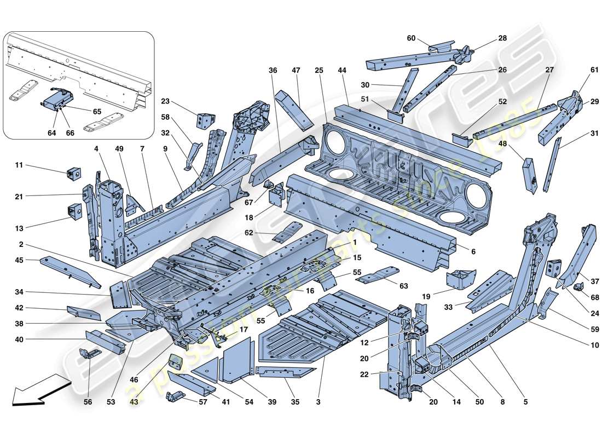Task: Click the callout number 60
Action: pos(411,38)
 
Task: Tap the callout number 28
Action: pos(502,38)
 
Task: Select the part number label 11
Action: pos(18,165)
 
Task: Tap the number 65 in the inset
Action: pos(96,111)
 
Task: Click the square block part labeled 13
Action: pos(73,210)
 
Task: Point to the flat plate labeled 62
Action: pos(288,232)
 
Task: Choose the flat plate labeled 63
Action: pos(377,275)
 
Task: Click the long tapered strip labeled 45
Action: pos(70,272)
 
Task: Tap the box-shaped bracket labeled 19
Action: pos(459,278)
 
